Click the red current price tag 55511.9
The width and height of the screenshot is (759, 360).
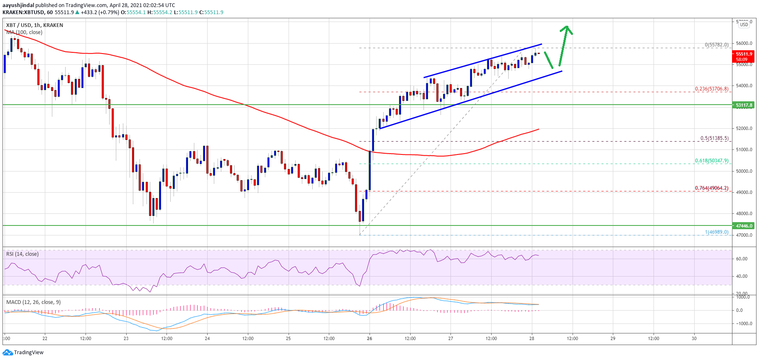coord(744,54)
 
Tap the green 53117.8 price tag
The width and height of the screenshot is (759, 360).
coord(744,105)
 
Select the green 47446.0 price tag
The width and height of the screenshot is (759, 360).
coord(744,226)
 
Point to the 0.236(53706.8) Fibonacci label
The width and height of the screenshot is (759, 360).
coord(712,89)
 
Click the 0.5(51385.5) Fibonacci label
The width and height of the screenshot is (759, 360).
coord(714,138)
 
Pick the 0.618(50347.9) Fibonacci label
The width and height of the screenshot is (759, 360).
coord(712,161)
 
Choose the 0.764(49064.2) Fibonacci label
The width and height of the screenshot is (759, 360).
coord(712,188)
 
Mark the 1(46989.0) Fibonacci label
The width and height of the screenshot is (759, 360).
coord(716,232)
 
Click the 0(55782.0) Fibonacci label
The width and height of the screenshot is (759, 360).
coord(716,45)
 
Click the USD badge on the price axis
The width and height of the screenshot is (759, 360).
coord(744,24)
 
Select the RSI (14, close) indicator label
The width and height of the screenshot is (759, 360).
coord(22,254)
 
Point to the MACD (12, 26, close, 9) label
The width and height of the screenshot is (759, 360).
coord(33,302)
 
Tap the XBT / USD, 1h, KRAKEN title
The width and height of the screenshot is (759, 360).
coord(34,25)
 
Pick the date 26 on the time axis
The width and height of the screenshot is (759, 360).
coord(370,338)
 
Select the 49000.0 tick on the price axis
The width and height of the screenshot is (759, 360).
coord(744,192)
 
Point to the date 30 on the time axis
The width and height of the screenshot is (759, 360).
coord(694,338)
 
